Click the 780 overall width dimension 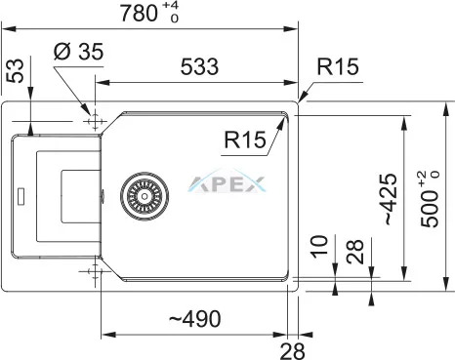click(x=139, y=14)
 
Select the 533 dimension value click(x=199, y=66)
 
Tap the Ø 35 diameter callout click(x=78, y=52)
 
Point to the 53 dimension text click(x=16, y=70)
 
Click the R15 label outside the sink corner click(x=338, y=66)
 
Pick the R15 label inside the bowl click(x=245, y=140)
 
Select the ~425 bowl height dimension click(x=391, y=199)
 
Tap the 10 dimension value click(x=319, y=246)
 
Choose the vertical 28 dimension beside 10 click(x=354, y=252)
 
